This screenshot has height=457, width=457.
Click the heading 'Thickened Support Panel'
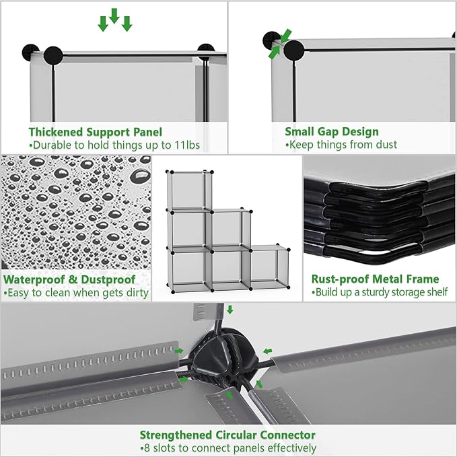coord(95,132)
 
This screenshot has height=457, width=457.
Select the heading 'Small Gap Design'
coord(332,132)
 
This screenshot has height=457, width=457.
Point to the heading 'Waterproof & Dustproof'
coord(69,279)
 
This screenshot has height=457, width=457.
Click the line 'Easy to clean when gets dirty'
coord(76,293)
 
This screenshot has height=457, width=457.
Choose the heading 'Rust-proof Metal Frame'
coord(375,279)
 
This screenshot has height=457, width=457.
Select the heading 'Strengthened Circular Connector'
coord(227,435)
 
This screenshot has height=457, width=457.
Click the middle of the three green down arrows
coord(114,17)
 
